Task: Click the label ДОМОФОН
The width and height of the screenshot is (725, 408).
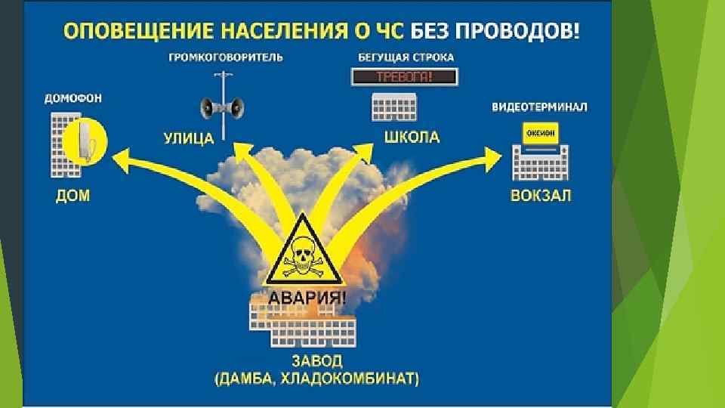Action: (x=74, y=98)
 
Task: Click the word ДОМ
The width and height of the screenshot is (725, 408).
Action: (x=72, y=196)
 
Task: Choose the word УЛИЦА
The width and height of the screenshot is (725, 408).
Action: (x=189, y=138)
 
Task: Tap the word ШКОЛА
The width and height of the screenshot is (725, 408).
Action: (x=412, y=138)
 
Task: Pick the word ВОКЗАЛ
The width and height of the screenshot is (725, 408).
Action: (x=540, y=196)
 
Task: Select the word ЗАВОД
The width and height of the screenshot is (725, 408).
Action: (x=316, y=359)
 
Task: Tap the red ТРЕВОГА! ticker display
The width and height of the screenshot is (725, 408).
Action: (x=404, y=77)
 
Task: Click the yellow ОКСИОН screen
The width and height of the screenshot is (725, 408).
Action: (x=538, y=133)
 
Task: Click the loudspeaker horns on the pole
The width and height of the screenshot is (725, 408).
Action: (x=222, y=107)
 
